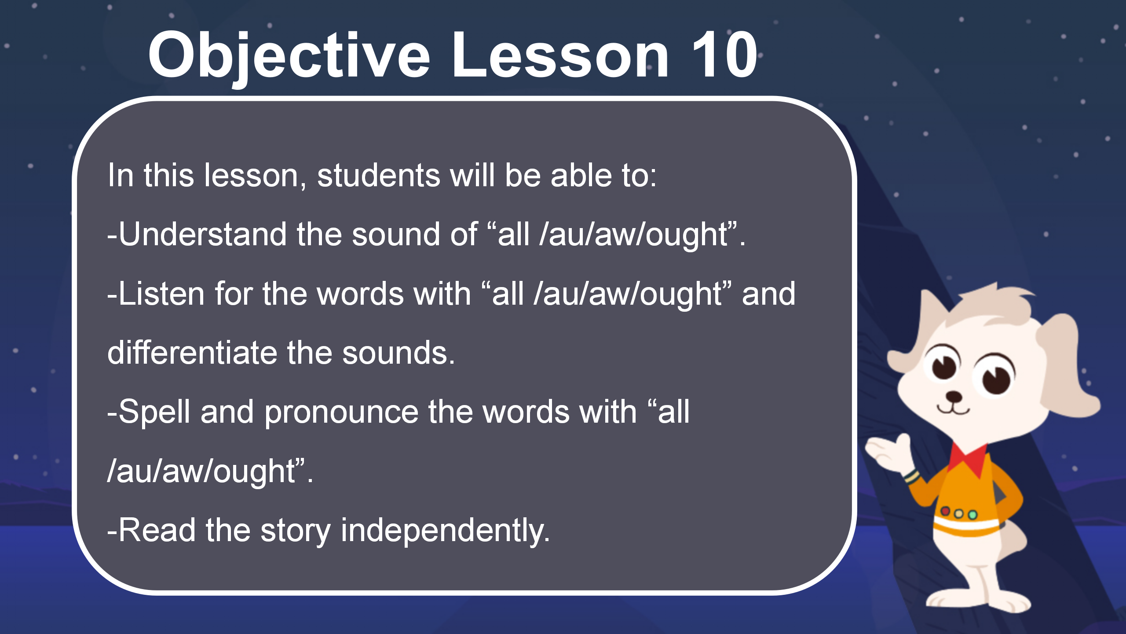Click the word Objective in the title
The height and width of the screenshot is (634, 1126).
289,56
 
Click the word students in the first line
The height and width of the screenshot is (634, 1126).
379,175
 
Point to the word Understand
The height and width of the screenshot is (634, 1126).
202,234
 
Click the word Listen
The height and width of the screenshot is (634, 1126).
162,294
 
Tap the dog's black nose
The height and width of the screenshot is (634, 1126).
954,396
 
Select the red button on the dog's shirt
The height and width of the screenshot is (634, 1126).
945,511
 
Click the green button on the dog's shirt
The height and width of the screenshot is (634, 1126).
973,515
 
